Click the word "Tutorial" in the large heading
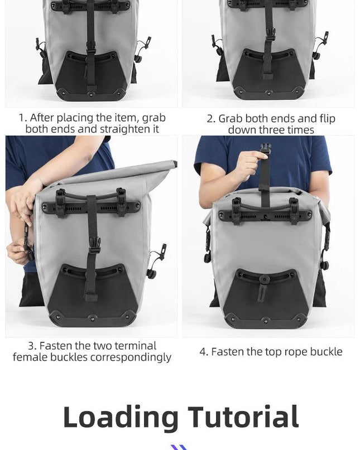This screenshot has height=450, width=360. point(243,417)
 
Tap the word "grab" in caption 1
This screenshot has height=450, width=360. point(154,118)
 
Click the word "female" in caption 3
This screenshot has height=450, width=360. point(30,357)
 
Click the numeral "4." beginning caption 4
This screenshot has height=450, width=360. point(204,352)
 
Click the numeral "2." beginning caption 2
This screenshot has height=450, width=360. point(211,119)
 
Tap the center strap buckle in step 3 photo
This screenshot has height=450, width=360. point(94,245)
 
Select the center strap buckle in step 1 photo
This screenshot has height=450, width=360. point(91,47)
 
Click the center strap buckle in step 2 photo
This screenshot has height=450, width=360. point(270,35)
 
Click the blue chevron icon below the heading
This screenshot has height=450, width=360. point(179,447)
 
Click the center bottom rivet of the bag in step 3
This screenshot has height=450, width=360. point(93,318)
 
